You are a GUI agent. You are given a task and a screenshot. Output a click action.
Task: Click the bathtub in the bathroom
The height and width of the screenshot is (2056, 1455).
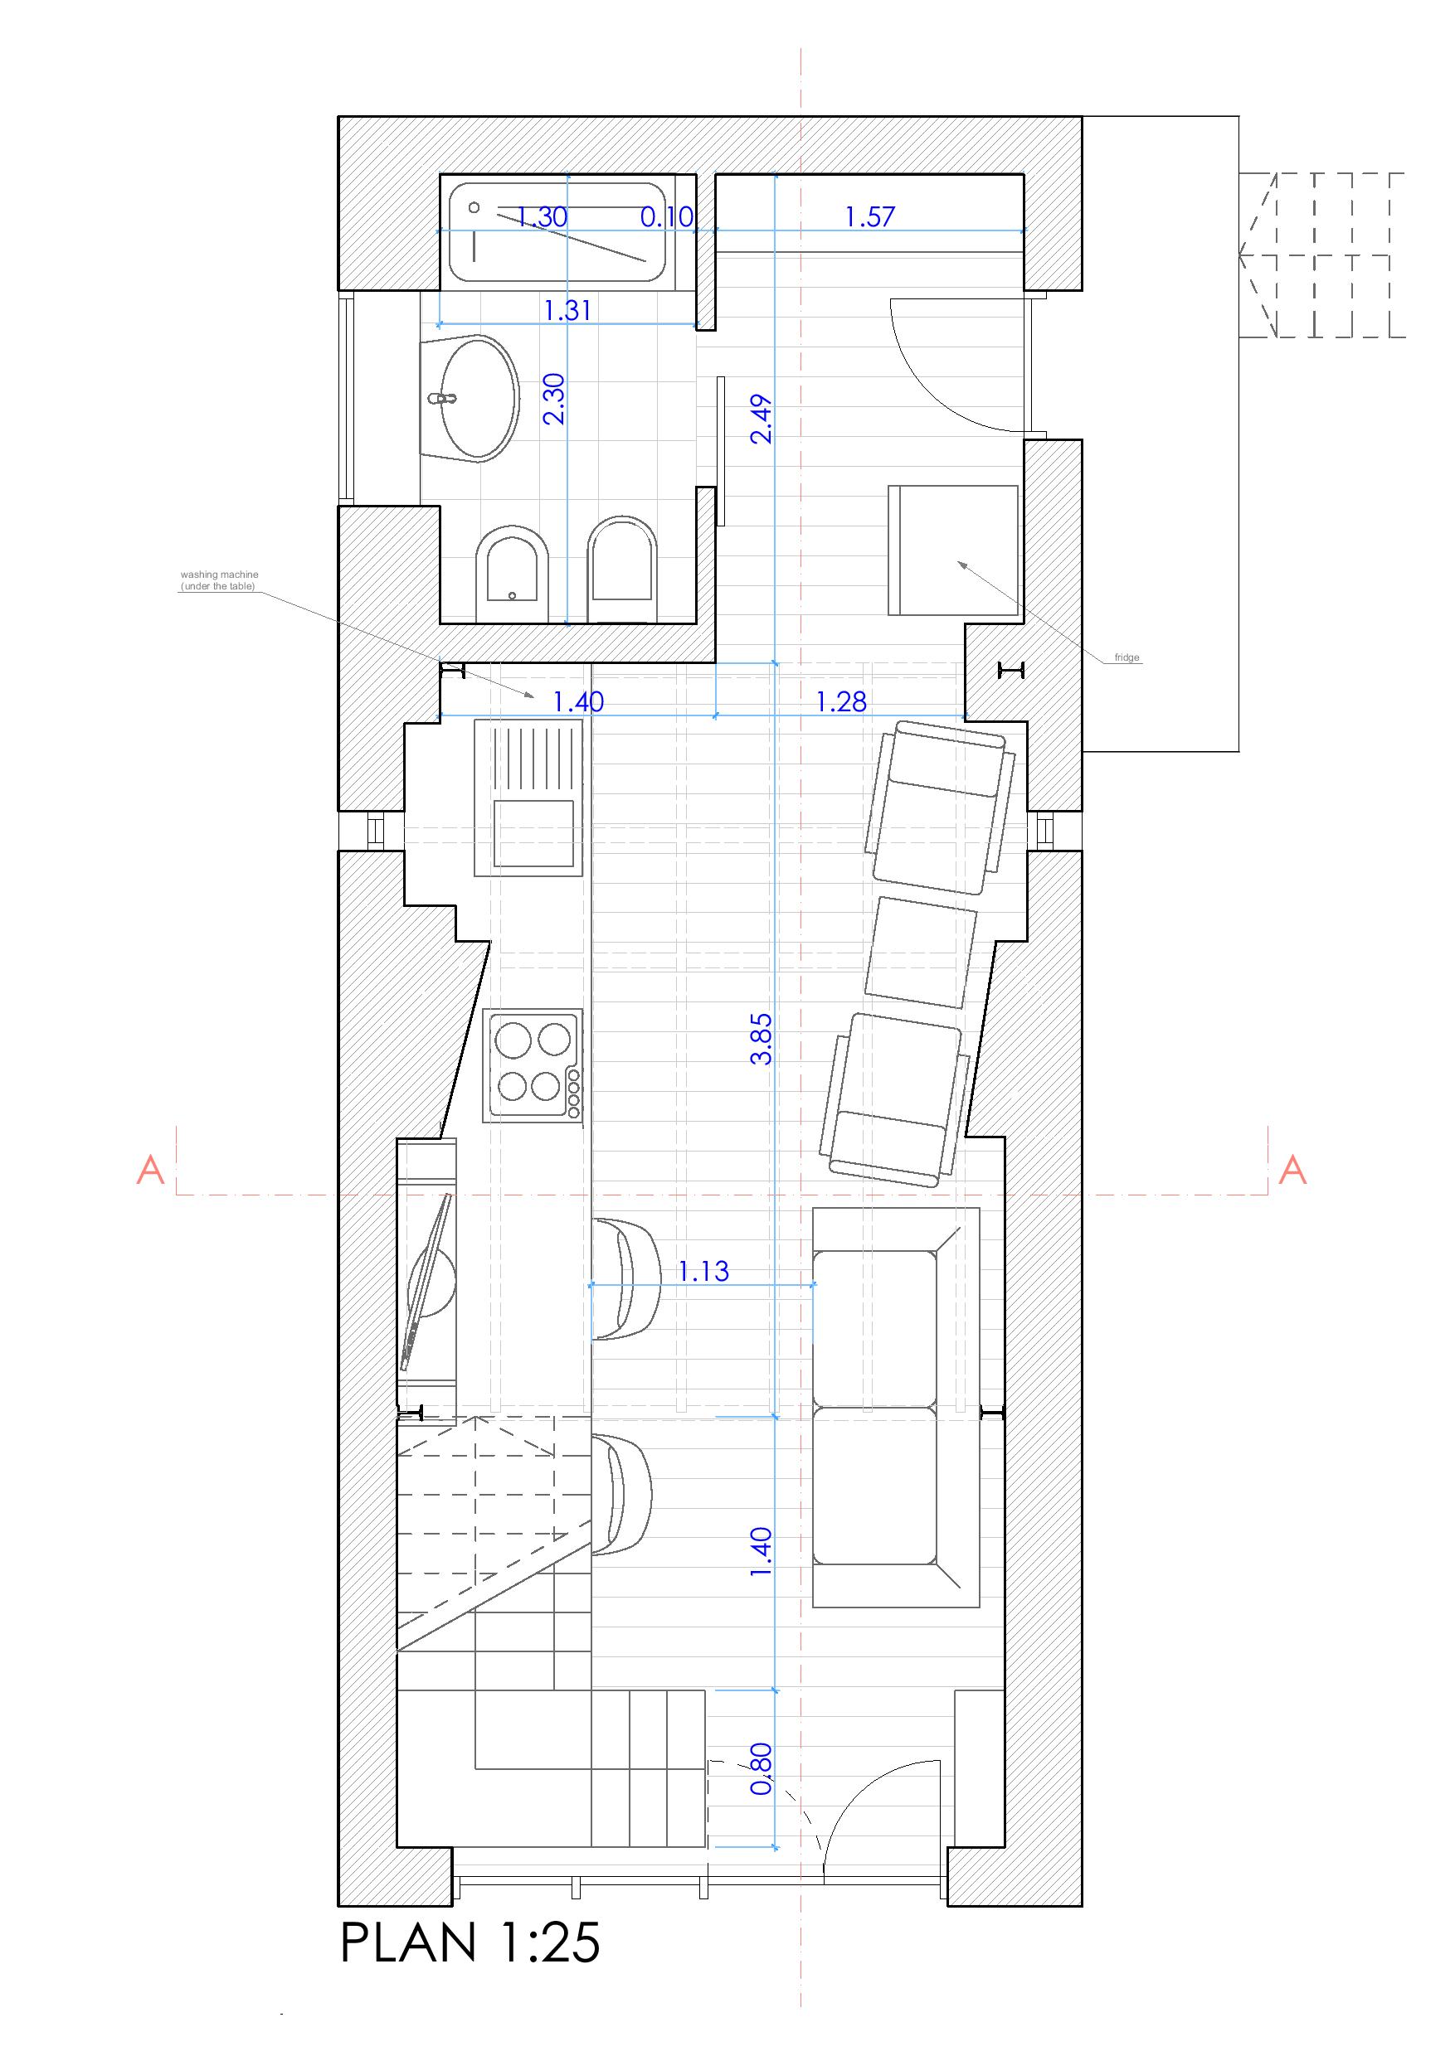tap(558, 234)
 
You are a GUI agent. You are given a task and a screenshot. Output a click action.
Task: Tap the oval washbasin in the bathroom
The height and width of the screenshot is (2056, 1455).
tap(471, 399)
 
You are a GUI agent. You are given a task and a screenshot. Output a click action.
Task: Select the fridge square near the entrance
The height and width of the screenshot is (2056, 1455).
tap(953, 550)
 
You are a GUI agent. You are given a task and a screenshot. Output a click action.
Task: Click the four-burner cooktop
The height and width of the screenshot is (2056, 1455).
tap(533, 1065)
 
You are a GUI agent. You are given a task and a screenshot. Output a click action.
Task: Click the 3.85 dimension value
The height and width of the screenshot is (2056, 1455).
tap(762, 1039)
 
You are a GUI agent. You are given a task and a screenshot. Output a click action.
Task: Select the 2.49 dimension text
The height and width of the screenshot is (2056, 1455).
tap(762, 420)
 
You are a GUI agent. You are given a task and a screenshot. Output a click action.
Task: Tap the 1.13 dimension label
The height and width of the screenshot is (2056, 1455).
tap(703, 1271)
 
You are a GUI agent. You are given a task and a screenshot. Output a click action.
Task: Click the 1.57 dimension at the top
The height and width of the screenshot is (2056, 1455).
tap(871, 216)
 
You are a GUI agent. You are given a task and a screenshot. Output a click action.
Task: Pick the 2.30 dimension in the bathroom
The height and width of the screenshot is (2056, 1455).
tap(555, 399)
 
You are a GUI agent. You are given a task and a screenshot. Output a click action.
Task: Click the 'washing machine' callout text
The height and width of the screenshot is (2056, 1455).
tap(220, 580)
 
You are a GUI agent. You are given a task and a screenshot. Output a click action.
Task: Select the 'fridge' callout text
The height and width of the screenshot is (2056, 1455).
tap(1127, 658)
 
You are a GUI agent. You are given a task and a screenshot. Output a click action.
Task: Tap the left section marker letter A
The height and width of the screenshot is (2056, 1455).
tap(150, 1170)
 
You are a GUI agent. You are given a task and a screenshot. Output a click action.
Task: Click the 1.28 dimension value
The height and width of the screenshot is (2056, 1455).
tap(841, 702)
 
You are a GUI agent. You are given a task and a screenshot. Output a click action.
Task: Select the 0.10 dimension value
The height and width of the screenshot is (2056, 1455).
tap(668, 216)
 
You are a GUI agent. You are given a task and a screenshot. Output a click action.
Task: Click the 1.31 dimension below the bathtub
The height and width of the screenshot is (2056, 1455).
tap(568, 311)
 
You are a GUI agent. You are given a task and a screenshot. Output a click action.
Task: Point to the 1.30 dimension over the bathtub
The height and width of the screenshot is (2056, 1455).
tap(542, 216)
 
